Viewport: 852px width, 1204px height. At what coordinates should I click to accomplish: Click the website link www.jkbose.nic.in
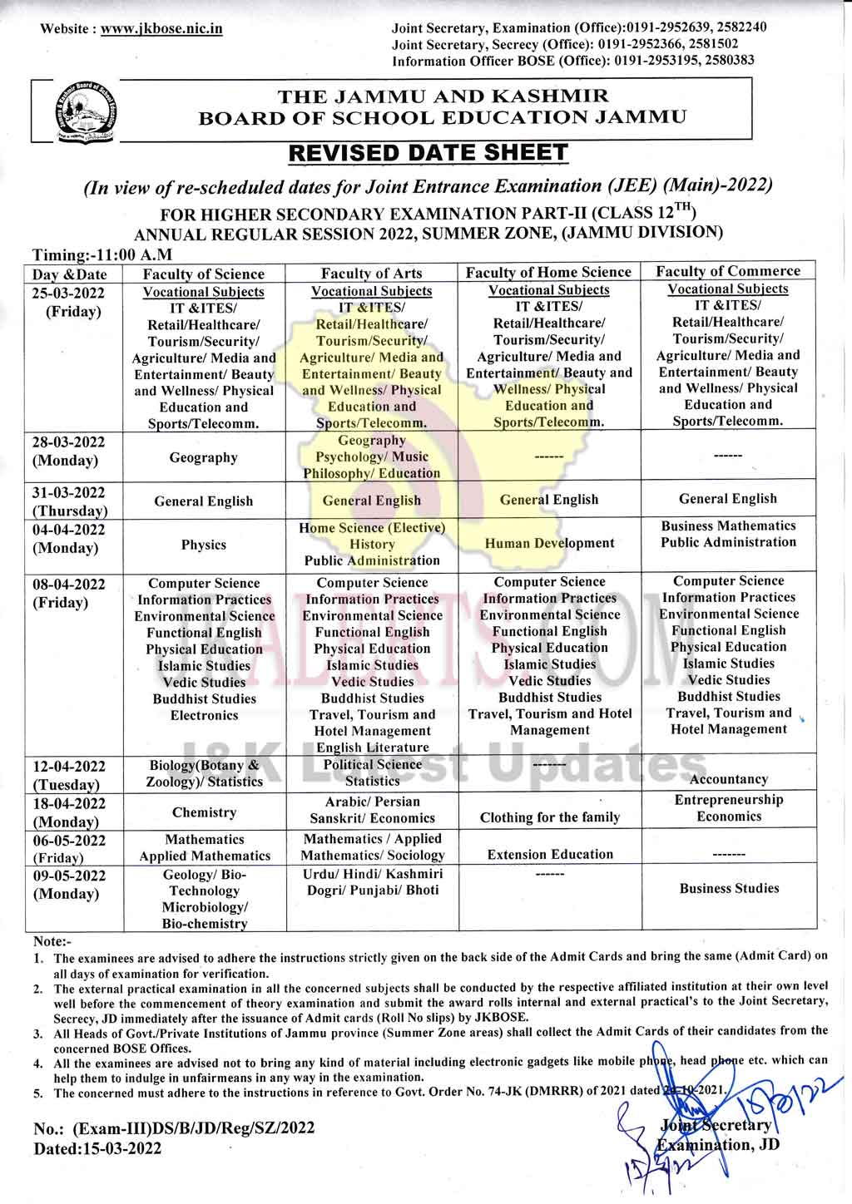[x=161, y=28]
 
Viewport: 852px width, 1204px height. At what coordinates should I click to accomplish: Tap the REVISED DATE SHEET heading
[x=428, y=153]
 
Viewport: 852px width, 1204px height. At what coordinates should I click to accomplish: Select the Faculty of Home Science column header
[x=548, y=272]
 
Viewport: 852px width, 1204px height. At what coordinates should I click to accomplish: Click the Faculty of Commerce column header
[x=727, y=271]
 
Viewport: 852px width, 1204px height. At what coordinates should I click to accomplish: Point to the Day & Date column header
[x=70, y=274]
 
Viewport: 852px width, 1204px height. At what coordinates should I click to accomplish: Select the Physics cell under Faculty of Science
[x=204, y=545]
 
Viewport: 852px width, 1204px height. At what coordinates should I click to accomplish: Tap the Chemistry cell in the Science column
[x=204, y=812]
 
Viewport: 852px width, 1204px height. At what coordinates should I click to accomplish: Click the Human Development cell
[x=549, y=543]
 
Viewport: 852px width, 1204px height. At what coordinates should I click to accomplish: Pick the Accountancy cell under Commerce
[x=729, y=779]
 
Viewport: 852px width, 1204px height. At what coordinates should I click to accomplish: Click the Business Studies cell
[x=729, y=888]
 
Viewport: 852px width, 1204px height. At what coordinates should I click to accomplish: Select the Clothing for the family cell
[x=550, y=817]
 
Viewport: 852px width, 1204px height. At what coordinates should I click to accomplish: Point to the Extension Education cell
[x=550, y=854]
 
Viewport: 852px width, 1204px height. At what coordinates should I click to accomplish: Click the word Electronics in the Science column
[x=204, y=715]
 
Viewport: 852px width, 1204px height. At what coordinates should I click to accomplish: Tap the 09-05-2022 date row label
[x=69, y=876]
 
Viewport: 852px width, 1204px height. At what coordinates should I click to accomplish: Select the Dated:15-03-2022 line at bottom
[x=97, y=1148]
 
